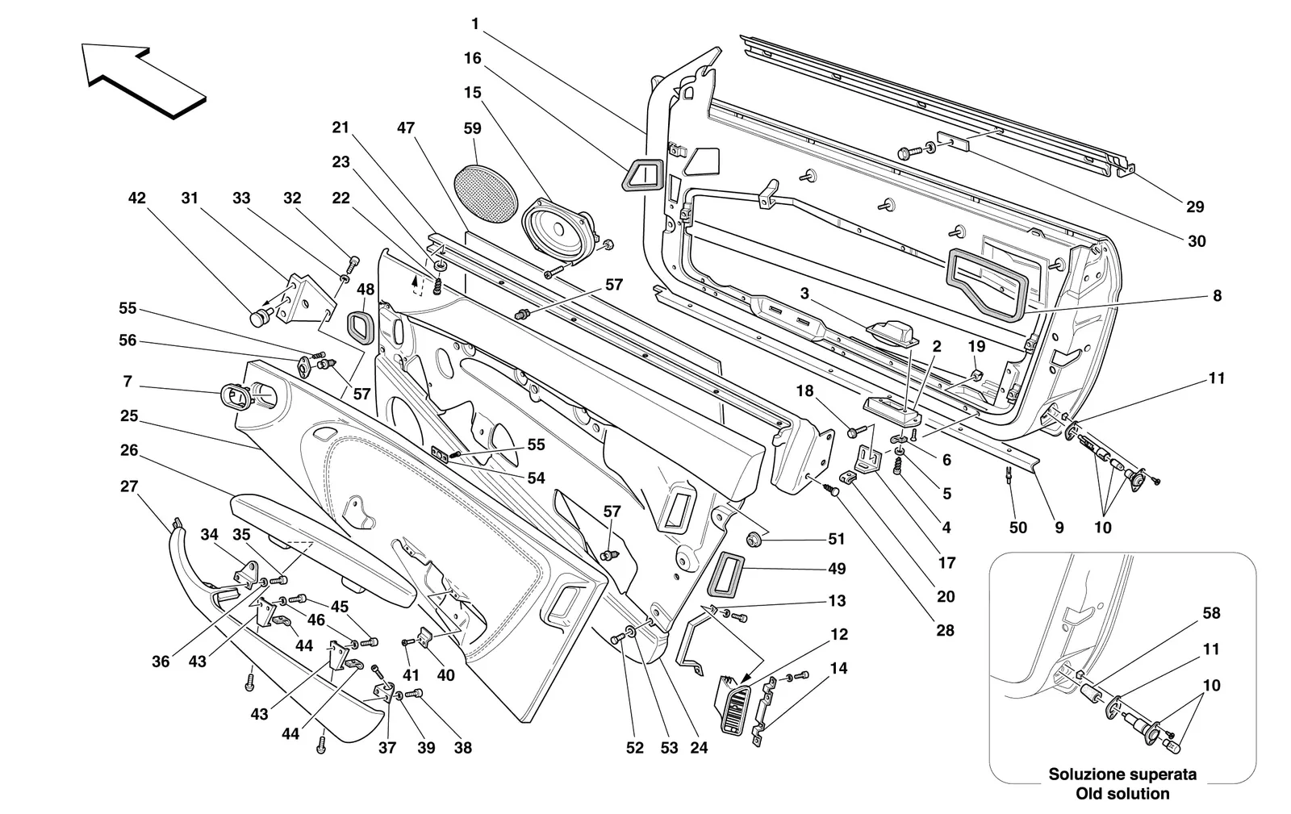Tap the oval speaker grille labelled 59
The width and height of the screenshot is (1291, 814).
tap(485, 194)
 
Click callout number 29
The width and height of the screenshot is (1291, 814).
tap(1195, 207)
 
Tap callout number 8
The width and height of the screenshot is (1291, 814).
tap(1217, 295)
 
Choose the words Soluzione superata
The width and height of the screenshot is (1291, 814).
tap(1122, 774)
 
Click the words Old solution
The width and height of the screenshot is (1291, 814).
tap(1122, 794)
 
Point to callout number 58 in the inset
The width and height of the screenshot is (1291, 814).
tap(1211, 613)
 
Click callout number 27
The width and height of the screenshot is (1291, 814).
tap(129, 486)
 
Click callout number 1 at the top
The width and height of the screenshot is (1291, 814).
tap(475, 23)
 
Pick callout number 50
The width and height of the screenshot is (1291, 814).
tap(1017, 527)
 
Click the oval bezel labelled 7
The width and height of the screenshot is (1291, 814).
tap(236, 396)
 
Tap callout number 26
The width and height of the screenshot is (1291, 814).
tap(129, 450)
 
